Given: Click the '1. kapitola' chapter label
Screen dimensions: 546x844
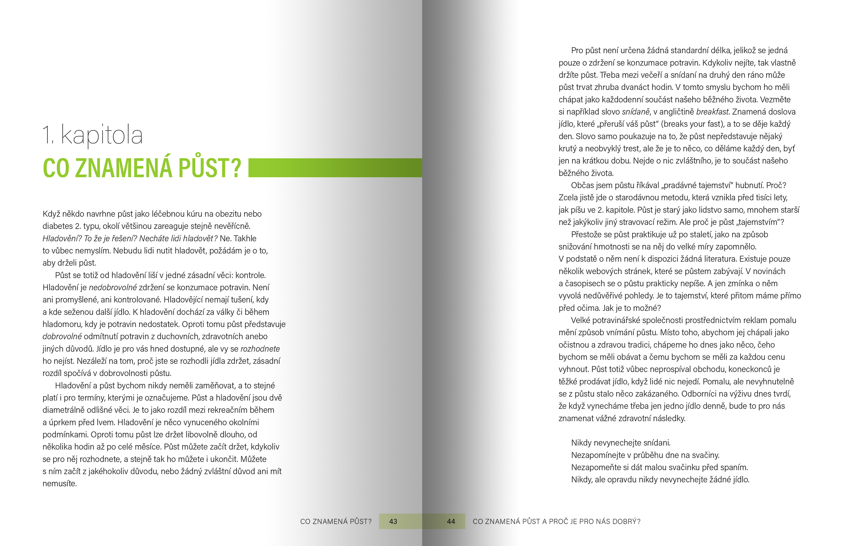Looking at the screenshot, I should point(92,135).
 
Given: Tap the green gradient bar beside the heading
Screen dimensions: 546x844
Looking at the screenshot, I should point(335,168).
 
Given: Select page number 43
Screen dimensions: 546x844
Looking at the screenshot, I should point(393,521).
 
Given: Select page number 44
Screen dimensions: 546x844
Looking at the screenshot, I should point(451,521).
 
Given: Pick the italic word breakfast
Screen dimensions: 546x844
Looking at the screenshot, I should point(712,112).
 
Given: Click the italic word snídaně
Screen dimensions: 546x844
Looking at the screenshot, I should point(636,112).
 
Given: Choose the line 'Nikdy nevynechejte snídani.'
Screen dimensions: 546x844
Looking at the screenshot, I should point(621,443).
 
